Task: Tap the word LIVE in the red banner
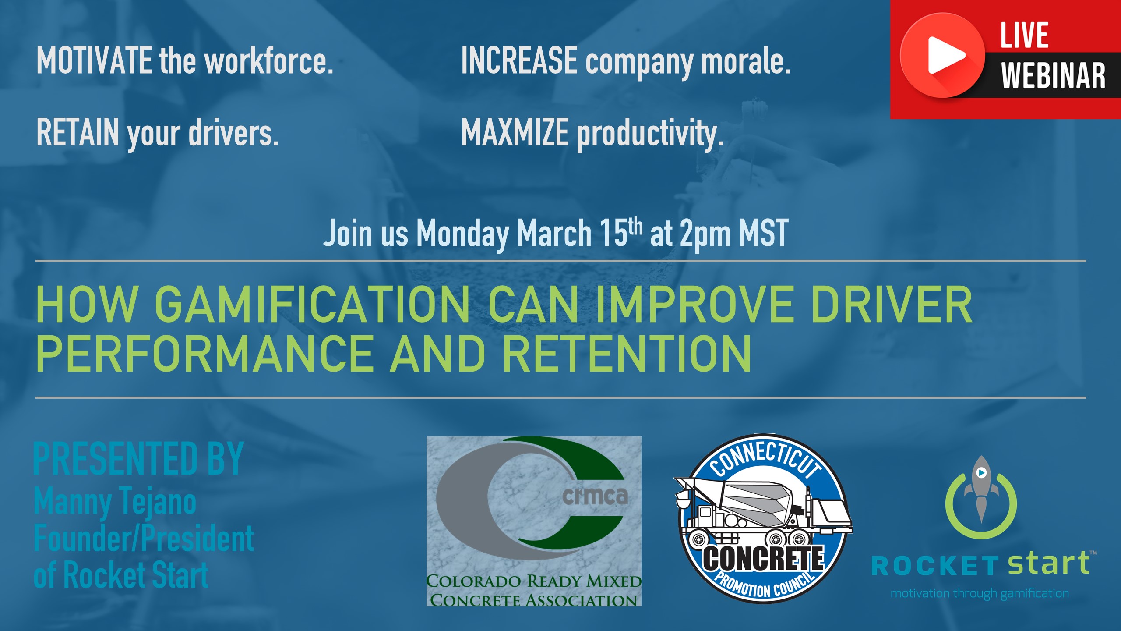pyautogui.click(x=1024, y=35)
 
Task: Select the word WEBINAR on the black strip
pyautogui.click(x=1053, y=75)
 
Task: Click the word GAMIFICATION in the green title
pyautogui.click(x=312, y=304)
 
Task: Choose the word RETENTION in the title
pyautogui.click(x=627, y=353)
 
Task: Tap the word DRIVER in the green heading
pyautogui.click(x=891, y=304)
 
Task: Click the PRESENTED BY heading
pyautogui.click(x=138, y=458)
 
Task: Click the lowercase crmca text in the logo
pyautogui.click(x=595, y=496)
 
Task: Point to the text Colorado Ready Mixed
pyautogui.click(x=534, y=581)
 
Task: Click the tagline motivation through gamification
pyautogui.click(x=980, y=593)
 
